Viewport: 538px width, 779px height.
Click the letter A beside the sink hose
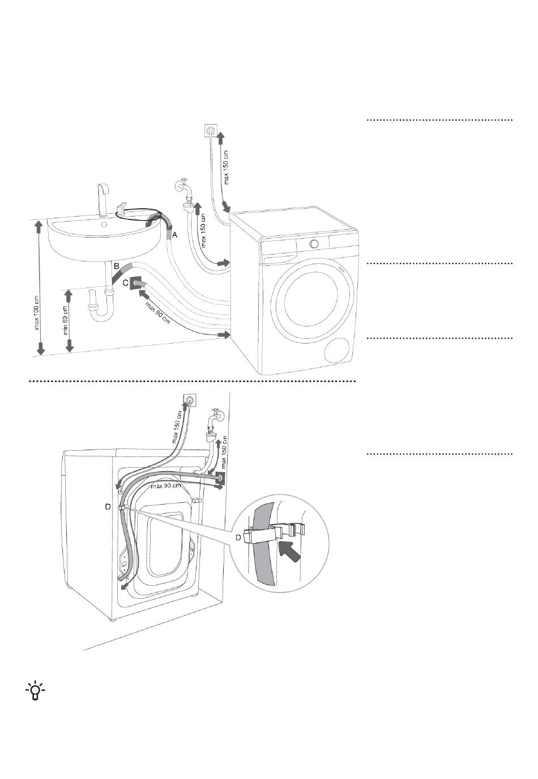coord(174,235)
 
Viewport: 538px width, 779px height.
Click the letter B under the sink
coord(117,266)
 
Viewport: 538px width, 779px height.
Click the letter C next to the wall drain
coord(125,283)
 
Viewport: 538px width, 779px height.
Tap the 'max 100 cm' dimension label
coord(37,317)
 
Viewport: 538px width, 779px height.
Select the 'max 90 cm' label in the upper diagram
coord(157,314)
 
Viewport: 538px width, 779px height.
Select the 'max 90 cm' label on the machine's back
coord(166,486)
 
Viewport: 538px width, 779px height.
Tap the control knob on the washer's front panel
coord(314,243)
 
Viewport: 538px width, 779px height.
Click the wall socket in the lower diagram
coord(189,400)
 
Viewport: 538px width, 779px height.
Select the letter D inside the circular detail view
coord(238,537)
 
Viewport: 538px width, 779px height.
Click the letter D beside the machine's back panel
coord(108,507)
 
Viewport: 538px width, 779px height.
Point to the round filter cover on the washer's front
coord(337,351)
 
